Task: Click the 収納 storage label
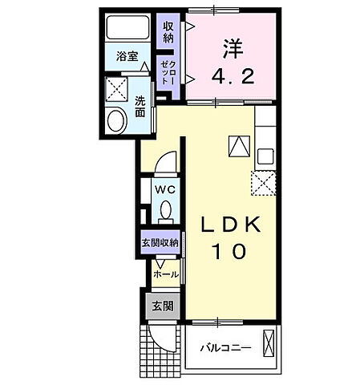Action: (168, 33)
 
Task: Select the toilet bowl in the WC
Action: (165, 210)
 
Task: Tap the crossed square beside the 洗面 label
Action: (118, 88)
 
